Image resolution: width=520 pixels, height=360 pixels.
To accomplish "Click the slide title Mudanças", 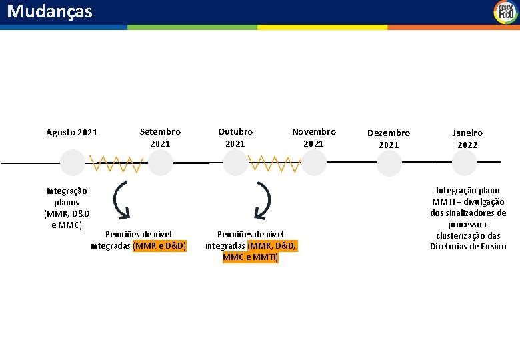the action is [50, 11].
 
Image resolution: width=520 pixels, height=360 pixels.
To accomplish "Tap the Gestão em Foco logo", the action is [505, 12].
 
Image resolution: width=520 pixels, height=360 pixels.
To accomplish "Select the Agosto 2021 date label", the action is [71, 132].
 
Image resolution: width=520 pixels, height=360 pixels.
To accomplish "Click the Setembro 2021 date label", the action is [160, 137].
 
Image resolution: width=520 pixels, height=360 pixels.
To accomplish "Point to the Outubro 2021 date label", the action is [235, 137].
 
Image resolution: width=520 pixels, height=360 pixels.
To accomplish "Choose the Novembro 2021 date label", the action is [313, 137].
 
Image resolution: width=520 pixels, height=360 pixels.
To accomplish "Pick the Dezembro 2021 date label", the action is [389, 139].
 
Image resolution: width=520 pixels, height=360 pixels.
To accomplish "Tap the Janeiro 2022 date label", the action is [467, 139].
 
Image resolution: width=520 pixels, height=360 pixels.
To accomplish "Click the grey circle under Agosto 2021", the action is [72, 163].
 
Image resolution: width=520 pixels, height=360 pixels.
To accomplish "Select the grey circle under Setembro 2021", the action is [160, 163].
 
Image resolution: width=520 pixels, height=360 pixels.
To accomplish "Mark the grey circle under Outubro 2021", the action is [235, 163].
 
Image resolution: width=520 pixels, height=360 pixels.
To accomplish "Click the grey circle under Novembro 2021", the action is [314, 163].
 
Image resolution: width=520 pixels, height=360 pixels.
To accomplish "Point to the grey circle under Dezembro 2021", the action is [389, 163].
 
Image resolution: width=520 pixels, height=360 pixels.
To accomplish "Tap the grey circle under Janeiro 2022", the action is [465, 163].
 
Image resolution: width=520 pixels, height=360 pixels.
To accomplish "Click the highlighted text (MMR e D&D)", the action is [160, 246].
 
